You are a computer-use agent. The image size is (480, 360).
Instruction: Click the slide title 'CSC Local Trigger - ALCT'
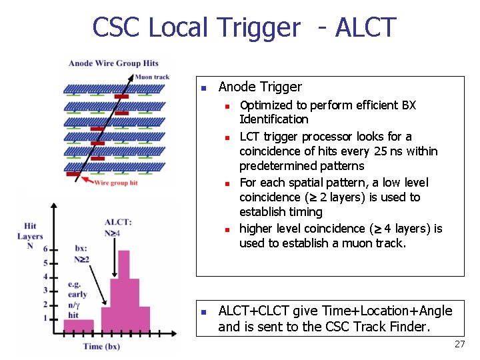pos(244,28)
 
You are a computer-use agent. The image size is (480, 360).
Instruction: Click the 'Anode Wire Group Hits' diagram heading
pos(113,63)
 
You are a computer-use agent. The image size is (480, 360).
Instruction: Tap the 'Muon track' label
pos(152,77)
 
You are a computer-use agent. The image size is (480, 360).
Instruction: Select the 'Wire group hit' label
pos(116,183)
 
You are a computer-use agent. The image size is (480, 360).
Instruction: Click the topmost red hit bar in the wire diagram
pos(121,97)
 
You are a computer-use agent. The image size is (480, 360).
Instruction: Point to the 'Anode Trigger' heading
pos(260,87)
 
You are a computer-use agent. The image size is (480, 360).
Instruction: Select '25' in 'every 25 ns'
pos(381,151)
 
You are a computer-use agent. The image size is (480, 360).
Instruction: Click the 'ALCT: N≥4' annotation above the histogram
pos(118,227)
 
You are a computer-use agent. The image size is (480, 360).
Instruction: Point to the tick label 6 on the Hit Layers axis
pos(45,249)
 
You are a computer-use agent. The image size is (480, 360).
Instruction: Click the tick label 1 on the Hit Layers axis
pos(45,319)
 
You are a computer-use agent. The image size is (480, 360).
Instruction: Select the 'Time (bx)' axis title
pos(102,346)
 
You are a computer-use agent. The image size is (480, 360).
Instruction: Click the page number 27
pos(459,344)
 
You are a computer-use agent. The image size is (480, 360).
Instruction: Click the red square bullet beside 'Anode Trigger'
pos(205,88)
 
